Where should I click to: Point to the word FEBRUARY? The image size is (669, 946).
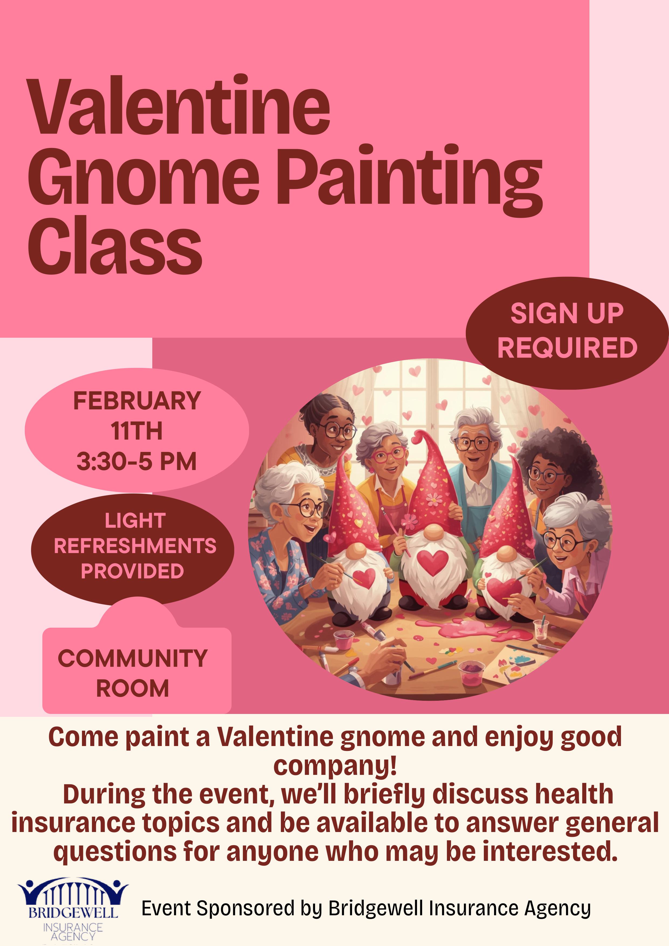coord(137,401)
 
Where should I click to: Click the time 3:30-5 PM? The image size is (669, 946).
coord(137,461)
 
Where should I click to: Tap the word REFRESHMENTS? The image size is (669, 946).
coord(135,546)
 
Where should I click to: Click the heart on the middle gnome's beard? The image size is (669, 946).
coord(433,562)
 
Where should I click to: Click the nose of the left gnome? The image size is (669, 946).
coord(358,550)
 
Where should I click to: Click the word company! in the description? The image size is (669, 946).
coord(335,765)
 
